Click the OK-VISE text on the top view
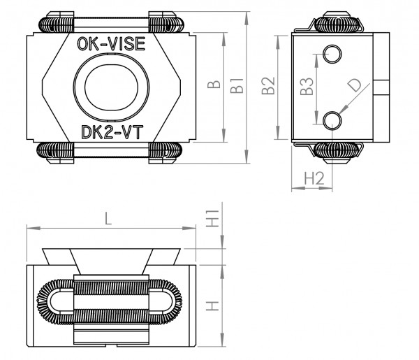tap(109, 46)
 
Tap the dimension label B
tap(217, 87)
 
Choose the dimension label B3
tap(305, 87)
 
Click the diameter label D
tap(355, 87)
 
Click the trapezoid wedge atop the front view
tap(111, 256)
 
